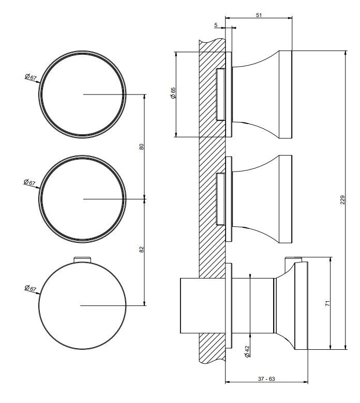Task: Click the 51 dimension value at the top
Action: tap(259, 15)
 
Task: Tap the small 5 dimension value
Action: tap(216, 25)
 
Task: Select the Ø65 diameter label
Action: tap(173, 93)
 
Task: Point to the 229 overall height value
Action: tap(342, 200)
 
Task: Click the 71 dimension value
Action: tap(327, 303)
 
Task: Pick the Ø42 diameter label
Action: tap(247, 352)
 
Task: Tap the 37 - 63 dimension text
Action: tap(266, 379)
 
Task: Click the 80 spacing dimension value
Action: tap(141, 147)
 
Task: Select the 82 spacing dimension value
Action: tap(141, 250)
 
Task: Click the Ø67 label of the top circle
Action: tap(31, 77)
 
